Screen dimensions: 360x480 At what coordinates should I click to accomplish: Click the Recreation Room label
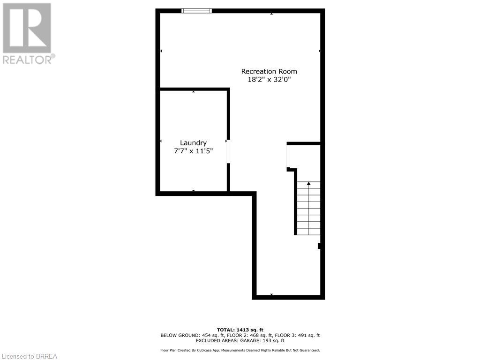click(x=269, y=71)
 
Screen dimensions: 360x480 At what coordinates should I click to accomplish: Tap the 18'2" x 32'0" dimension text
click(x=269, y=79)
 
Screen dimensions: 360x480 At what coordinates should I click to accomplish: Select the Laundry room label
click(x=193, y=142)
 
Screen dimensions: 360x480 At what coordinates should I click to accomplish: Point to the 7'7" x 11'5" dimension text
click(x=193, y=151)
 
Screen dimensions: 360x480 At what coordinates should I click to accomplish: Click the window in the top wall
click(x=197, y=11)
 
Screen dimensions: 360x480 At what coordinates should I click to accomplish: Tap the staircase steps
click(x=308, y=209)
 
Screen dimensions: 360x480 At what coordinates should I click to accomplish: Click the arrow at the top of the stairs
click(x=308, y=183)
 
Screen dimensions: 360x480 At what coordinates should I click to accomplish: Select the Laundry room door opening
click(x=229, y=151)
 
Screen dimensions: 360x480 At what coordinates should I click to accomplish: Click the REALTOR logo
click(x=27, y=28)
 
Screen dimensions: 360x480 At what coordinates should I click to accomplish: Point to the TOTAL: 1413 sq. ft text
click(x=240, y=329)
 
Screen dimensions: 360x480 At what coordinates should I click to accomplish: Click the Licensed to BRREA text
click(x=29, y=356)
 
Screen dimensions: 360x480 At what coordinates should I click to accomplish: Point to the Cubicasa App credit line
click(x=240, y=350)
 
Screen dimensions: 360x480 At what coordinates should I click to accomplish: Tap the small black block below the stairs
click(x=320, y=246)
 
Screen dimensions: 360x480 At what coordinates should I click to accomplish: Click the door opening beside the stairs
click(x=288, y=156)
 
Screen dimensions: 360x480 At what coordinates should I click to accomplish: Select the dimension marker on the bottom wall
click(x=271, y=294)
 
